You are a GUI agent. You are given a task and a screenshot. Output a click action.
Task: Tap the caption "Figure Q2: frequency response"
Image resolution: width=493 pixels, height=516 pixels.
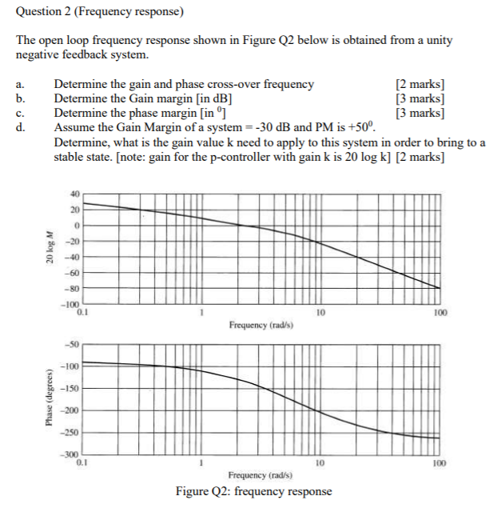253,491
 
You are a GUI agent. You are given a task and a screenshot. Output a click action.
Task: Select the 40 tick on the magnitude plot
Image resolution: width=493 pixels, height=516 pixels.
75,193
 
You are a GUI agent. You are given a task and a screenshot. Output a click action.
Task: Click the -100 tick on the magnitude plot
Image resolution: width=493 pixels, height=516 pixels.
71,305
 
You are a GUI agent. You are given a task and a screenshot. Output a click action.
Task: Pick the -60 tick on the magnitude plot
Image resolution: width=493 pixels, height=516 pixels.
74,273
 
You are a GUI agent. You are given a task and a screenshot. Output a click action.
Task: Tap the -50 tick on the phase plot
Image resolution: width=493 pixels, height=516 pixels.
74,345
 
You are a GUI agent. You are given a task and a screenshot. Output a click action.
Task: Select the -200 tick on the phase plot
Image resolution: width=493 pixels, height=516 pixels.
72,410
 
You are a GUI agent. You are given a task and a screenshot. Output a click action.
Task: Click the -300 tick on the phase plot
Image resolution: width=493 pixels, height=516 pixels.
72,454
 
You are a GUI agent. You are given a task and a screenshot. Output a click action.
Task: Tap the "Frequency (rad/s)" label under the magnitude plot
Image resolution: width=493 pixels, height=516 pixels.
260,326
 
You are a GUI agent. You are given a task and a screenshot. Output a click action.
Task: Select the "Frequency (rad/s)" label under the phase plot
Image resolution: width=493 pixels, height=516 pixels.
260,474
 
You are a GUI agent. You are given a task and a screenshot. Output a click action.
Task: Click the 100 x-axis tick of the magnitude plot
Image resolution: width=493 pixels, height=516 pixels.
439,313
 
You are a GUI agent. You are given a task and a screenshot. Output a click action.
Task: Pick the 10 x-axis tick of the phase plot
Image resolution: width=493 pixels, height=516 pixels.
319,462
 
